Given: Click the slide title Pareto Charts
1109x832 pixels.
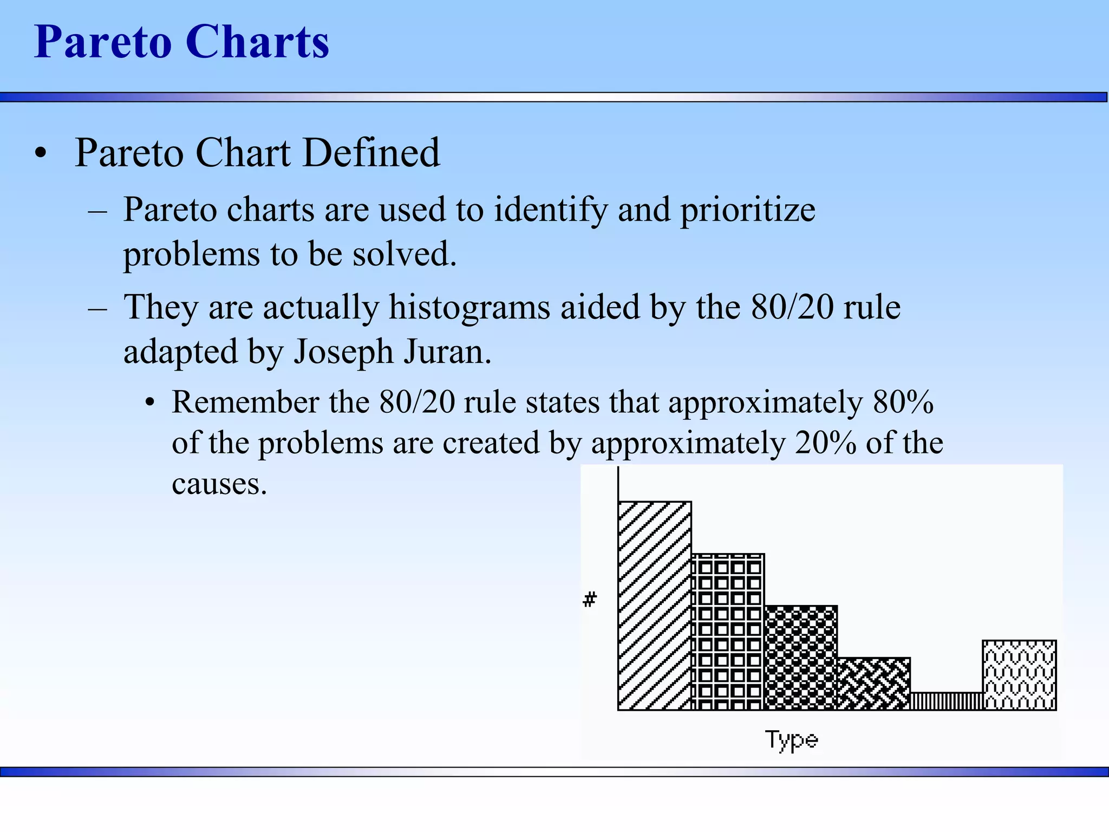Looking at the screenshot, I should point(181,42).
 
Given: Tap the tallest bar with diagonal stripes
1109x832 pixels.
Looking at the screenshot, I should point(655,606).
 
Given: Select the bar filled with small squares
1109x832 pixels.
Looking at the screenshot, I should point(728,632).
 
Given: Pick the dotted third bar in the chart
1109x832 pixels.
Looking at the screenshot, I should point(800,658).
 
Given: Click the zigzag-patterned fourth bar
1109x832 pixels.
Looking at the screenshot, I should point(873,684).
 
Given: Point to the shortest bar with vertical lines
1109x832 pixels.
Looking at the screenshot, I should point(946,701).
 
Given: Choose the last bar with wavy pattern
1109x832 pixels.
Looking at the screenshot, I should point(1019,675).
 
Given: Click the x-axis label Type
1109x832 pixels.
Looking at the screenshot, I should point(791,740).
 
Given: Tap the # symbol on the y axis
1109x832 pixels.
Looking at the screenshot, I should point(590,600).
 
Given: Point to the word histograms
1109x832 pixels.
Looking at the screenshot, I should point(469,308).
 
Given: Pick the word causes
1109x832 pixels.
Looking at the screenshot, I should point(219,484).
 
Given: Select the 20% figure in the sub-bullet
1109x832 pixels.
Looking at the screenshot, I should point(825,443).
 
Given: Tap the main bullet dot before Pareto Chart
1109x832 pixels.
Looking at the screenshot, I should point(41,154).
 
